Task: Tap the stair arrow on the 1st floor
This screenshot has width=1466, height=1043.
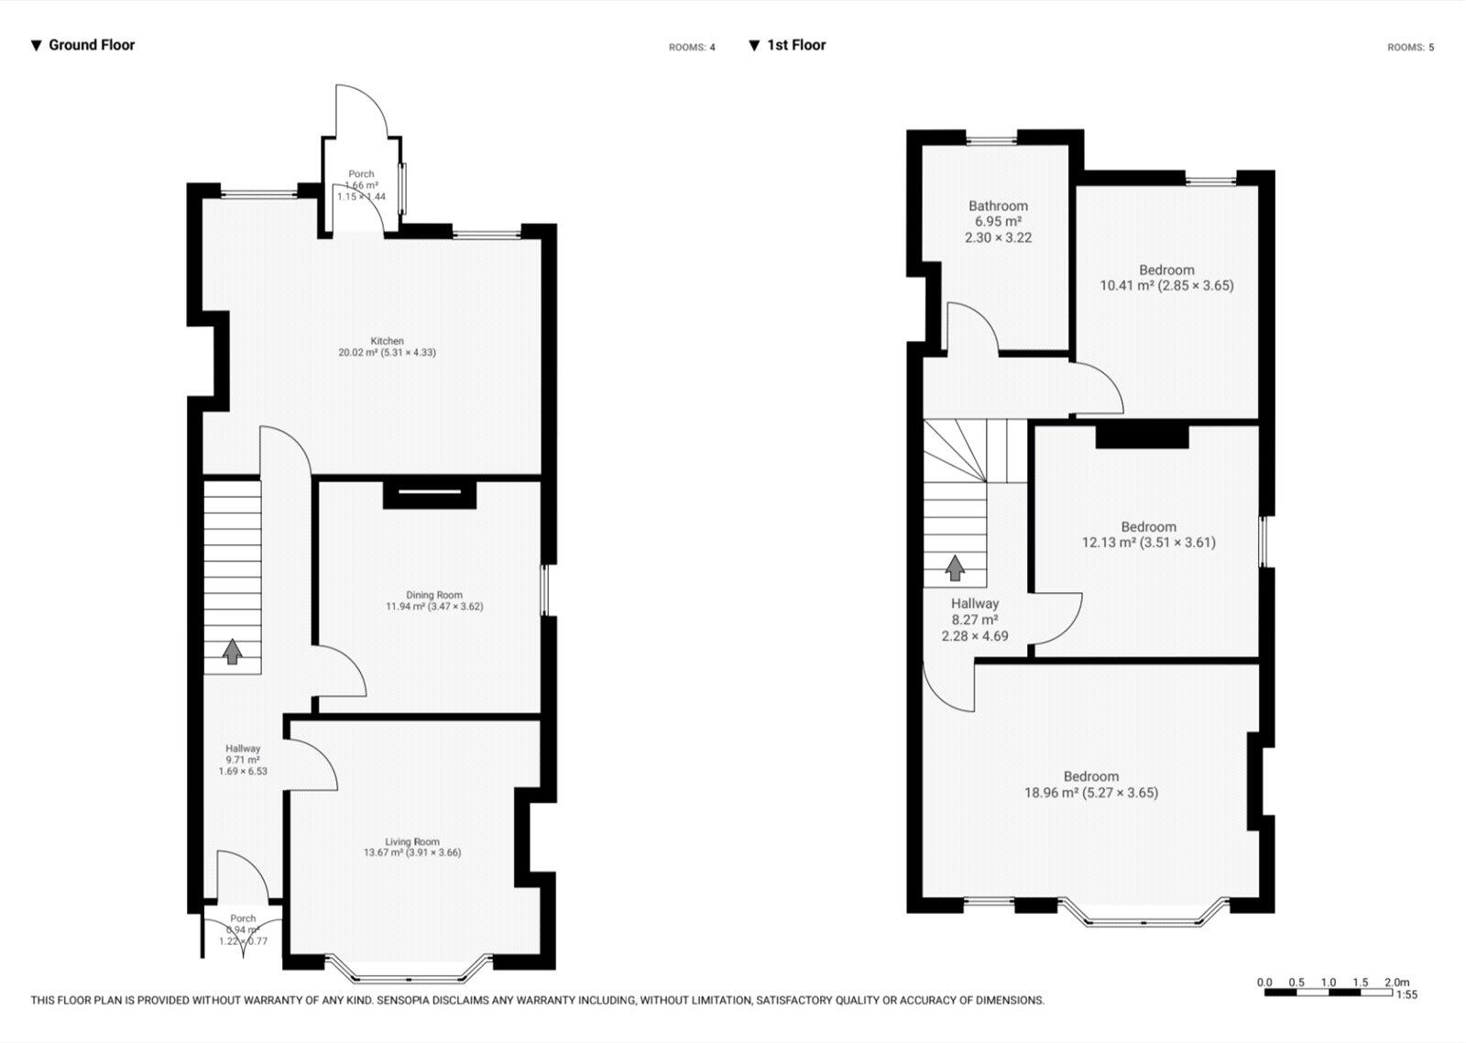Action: coord(955,567)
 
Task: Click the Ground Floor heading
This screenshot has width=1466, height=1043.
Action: coord(91,45)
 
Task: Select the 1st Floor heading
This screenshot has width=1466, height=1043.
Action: coord(795,45)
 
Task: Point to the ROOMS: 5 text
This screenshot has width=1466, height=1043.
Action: coord(1410,48)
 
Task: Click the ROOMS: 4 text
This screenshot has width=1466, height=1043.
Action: coord(692,48)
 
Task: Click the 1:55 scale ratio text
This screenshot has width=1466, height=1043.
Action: coord(1406,994)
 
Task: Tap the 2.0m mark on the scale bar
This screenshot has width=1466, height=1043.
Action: coord(1396,982)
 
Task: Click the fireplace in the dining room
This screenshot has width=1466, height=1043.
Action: coord(430,493)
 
